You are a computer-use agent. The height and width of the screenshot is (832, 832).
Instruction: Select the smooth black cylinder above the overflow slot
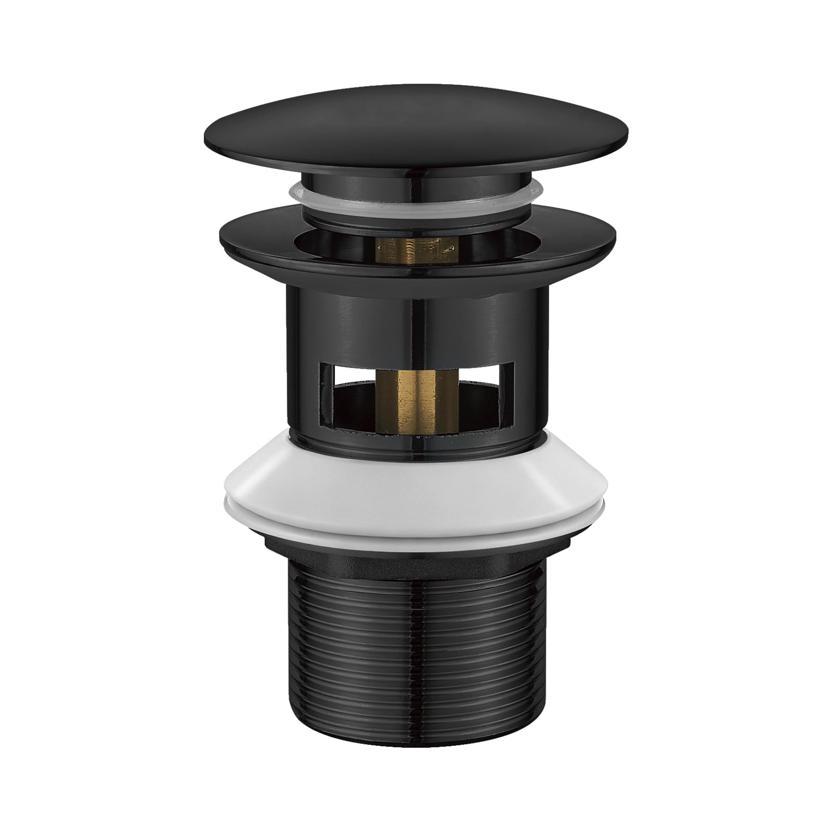click(x=416, y=322)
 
